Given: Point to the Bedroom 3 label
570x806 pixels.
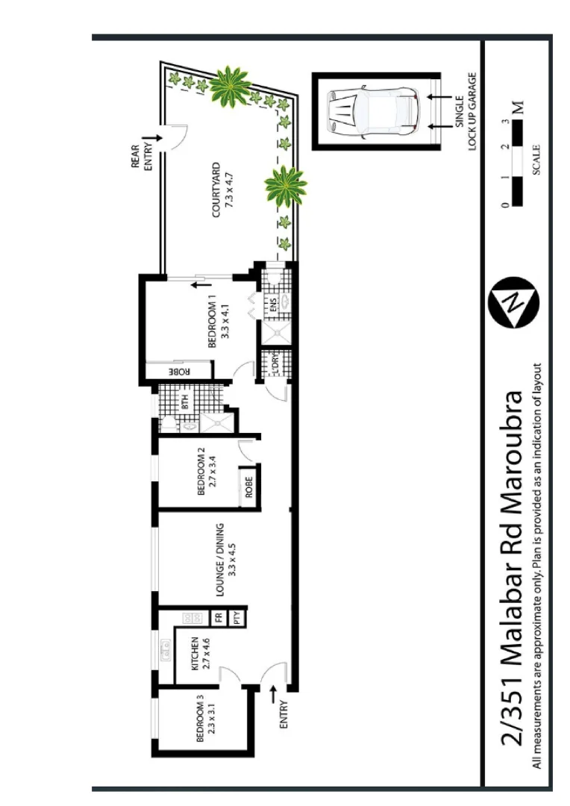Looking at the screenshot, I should [x=204, y=719].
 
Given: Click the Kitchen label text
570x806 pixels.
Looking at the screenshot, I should [x=200, y=655].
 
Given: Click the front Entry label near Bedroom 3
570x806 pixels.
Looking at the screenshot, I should [x=283, y=715].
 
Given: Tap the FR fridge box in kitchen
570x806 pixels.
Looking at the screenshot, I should [x=219, y=617].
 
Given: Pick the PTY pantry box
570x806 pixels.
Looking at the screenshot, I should [x=237, y=617].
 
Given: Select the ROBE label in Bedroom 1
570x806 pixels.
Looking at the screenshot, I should [x=179, y=371].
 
